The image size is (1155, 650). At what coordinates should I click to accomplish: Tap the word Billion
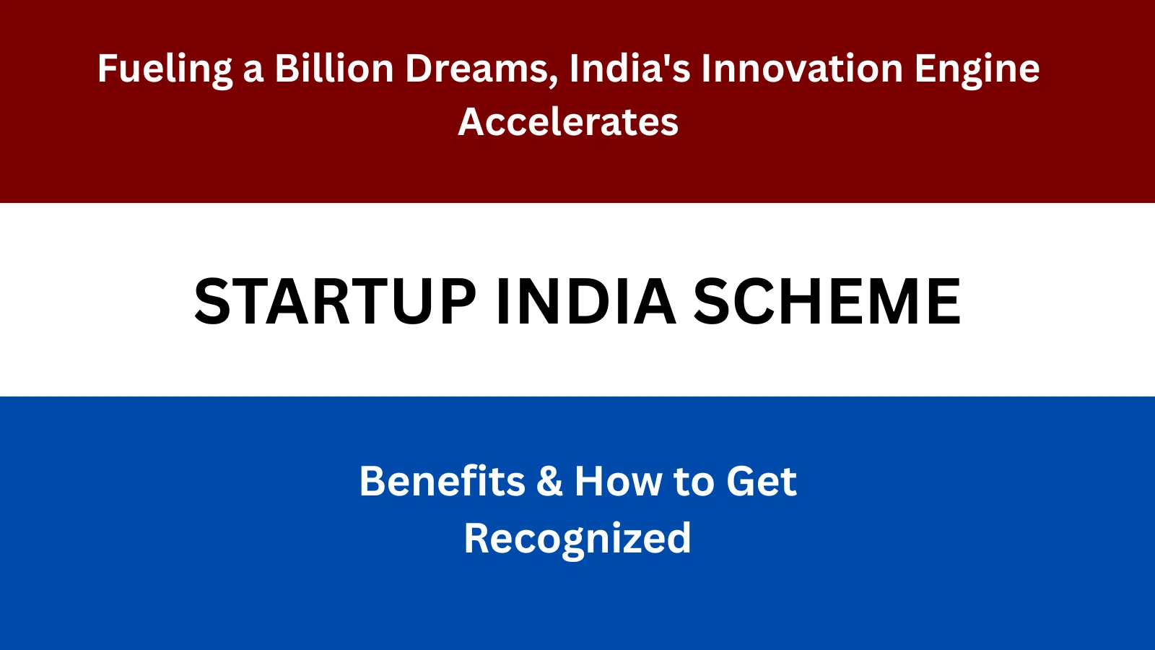(x=334, y=69)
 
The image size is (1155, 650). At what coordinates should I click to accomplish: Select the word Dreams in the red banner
(x=479, y=69)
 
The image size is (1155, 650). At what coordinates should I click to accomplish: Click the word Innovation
(x=802, y=69)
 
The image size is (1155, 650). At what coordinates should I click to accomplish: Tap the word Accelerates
(x=569, y=121)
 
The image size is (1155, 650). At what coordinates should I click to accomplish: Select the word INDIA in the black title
(x=585, y=302)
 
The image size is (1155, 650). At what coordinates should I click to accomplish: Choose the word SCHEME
(x=827, y=302)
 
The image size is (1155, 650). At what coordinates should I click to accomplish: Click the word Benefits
(x=442, y=481)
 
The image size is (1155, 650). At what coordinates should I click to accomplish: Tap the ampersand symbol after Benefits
(x=549, y=482)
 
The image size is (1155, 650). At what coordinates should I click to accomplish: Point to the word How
(x=618, y=481)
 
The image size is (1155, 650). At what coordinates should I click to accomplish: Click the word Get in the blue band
(x=761, y=482)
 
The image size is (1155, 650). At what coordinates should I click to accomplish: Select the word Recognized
(x=577, y=539)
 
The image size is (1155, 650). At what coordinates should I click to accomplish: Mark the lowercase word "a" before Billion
(x=253, y=72)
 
